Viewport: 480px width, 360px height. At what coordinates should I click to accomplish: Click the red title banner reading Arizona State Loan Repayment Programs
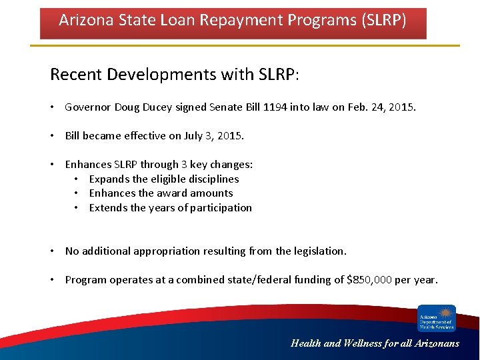(x=233, y=23)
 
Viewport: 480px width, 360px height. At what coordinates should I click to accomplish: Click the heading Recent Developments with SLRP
(x=175, y=74)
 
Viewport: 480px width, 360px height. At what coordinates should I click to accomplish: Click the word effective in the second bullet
(x=147, y=135)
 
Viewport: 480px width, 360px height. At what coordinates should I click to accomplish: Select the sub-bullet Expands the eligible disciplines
(x=163, y=179)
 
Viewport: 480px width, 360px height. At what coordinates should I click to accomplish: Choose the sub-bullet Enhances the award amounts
(x=161, y=193)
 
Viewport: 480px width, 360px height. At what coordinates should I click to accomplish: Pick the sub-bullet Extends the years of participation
(x=170, y=208)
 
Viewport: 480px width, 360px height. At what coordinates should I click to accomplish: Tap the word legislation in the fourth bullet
(x=319, y=251)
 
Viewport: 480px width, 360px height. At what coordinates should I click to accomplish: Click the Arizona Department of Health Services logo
(x=437, y=318)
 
